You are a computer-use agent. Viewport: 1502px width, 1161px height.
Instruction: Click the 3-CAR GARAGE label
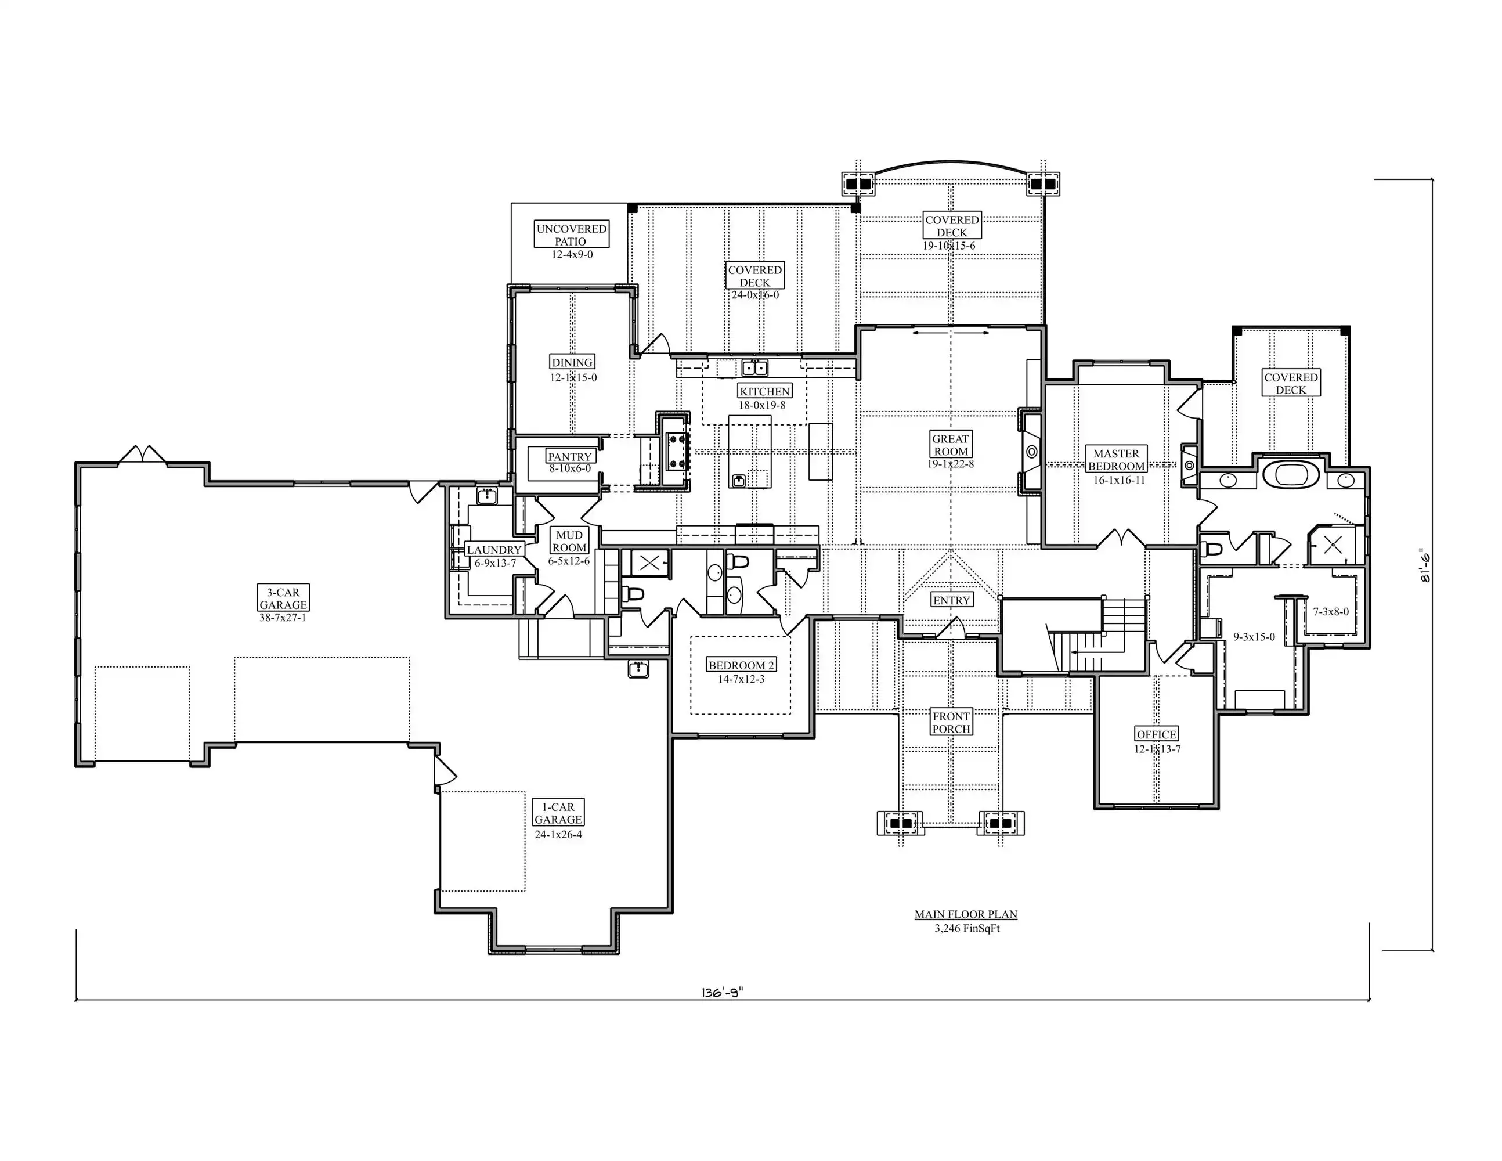click(x=283, y=598)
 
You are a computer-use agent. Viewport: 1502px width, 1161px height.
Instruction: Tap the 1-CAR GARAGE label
click(x=558, y=813)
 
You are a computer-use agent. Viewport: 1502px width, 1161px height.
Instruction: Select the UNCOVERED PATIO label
click(x=572, y=235)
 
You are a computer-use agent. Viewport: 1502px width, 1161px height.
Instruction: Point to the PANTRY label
click(x=569, y=456)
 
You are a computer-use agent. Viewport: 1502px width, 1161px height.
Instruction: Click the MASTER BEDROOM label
click(x=1116, y=459)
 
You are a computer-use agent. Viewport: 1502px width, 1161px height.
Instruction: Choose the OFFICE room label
click(x=1157, y=734)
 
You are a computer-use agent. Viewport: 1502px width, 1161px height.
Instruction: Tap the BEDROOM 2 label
click(x=741, y=665)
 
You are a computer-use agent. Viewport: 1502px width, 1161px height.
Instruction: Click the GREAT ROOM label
click(x=951, y=445)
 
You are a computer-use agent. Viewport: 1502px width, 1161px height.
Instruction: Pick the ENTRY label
click(x=952, y=600)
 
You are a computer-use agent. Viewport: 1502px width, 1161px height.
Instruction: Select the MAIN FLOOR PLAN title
click(x=966, y=914)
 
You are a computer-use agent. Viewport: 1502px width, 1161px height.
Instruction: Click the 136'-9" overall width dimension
click(x=723, y=993)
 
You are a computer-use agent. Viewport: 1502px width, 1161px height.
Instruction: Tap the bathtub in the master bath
click(x=1291, y=475)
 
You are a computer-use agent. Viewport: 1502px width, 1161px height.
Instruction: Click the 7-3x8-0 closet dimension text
click(x=1331, y=611)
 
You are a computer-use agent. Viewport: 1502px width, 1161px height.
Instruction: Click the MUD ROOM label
click(x=569, y=541)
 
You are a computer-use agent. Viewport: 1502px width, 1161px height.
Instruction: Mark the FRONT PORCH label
click(x=952, y=722)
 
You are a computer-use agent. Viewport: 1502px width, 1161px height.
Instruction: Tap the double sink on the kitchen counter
click(x=754, y=368)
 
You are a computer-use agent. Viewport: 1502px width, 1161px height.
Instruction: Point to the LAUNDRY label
click(x=494, y=550)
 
